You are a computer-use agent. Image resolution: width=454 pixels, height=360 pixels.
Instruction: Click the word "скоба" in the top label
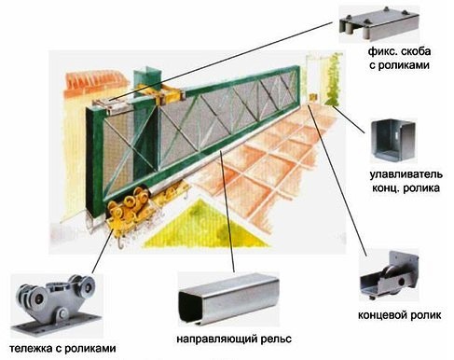point(415,51)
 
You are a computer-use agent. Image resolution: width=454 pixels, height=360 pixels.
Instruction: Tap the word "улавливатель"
point(406,174)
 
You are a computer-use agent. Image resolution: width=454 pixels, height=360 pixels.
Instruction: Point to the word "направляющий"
point(218,339)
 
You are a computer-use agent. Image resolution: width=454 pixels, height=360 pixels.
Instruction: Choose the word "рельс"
point(277,339)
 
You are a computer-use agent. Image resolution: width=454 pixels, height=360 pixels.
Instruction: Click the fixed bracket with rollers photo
point(378,25)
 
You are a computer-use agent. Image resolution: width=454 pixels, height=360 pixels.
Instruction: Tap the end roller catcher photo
point(393,141)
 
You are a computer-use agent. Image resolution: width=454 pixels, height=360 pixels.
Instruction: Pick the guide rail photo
point(229,299)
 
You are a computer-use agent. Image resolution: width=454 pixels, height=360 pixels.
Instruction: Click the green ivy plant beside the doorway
point(334,81)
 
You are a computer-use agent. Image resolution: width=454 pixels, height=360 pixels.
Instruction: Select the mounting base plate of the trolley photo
point(56,325)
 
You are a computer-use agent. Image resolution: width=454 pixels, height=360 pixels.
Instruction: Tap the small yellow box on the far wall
point(313,97)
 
